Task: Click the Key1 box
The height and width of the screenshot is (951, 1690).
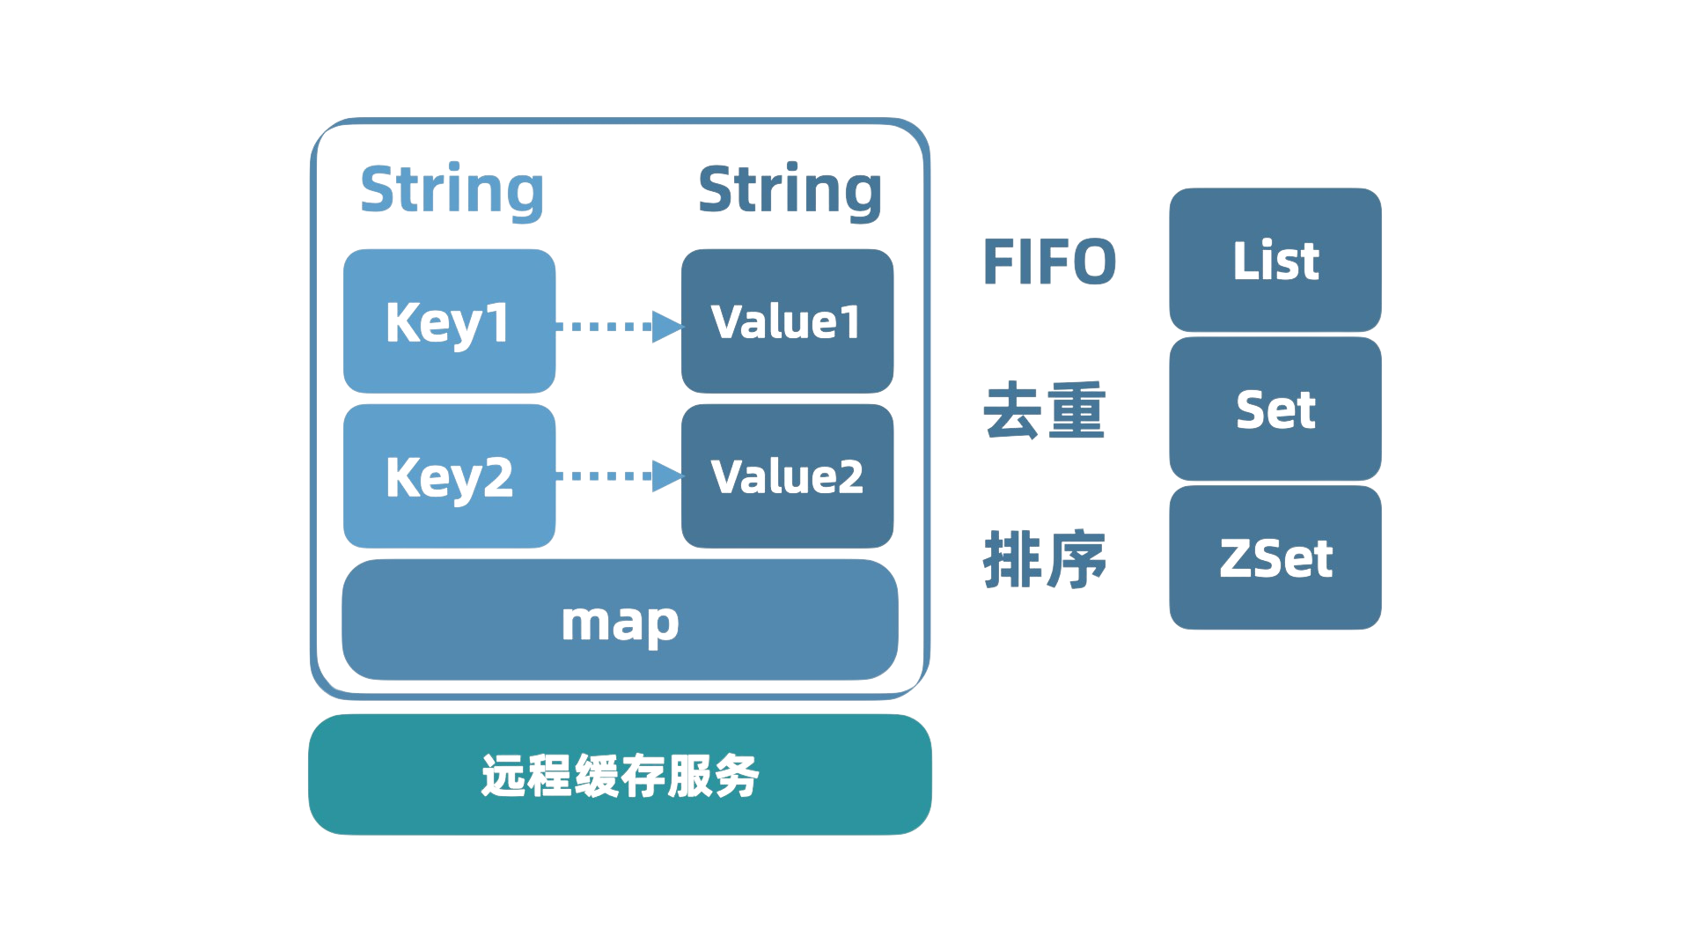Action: (x=449, y=321)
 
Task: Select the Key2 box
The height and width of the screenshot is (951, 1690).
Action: (x=449, y=476)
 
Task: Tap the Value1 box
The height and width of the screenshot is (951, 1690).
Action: (x=788, y=321)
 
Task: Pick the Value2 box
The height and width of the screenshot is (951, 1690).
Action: (x=788, y=476)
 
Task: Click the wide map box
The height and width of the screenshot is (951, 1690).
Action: (x=620, y=620)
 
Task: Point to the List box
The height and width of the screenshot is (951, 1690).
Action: (x=1275, y=260)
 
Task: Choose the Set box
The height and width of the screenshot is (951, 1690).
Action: (x=1275, y=409)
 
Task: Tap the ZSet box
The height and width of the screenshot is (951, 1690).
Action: (x=1275, y=557)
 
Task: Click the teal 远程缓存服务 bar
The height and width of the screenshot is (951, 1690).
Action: (x=620, y=775)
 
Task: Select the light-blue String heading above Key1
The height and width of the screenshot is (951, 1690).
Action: (x=452, y=191)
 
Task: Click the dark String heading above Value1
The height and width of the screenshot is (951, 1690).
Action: (x=790, y=191)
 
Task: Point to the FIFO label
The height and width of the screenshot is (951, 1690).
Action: (x=1049, y=262)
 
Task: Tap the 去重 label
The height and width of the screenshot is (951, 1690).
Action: (x=1044, y=410)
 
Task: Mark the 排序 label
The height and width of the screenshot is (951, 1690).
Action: (x=1044, y=559)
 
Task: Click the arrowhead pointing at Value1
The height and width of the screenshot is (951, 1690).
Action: (x=667, y=327)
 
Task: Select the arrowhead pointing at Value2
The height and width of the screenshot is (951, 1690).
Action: (x=667, y=476)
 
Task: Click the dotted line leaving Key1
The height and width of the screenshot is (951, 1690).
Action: (x=604, y=327)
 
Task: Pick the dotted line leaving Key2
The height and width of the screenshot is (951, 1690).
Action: (x=604, y=476)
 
